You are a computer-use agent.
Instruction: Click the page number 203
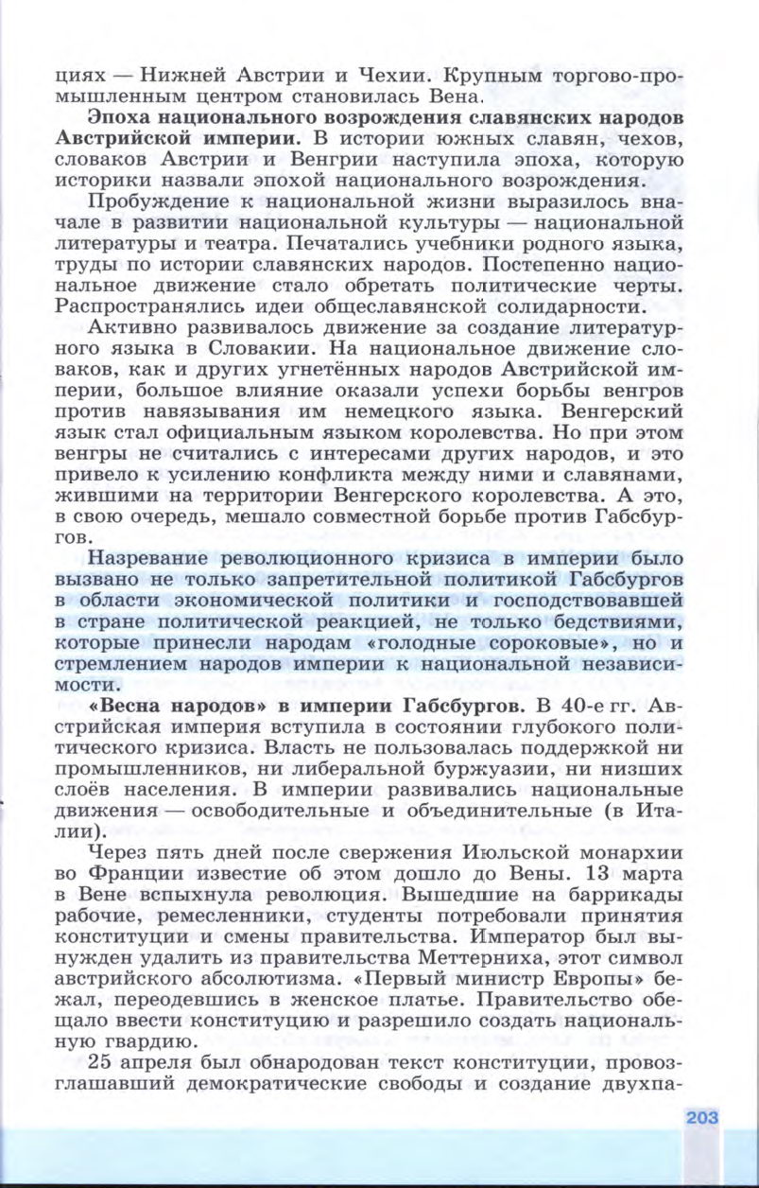tap(702, 1117)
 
